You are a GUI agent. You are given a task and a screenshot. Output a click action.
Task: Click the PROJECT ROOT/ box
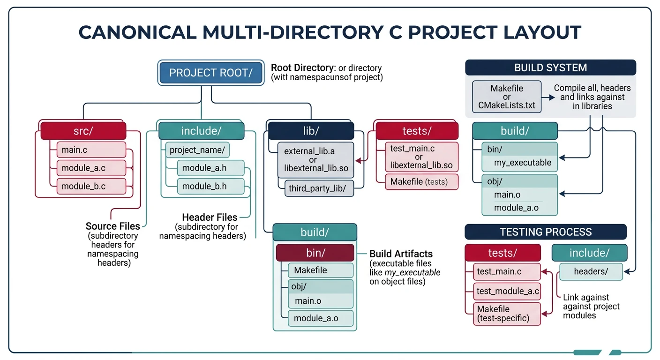[x=210, y=73]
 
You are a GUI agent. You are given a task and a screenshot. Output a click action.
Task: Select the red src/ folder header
[x=83, y=131]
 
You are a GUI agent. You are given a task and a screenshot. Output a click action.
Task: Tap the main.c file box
[x=91, y=150]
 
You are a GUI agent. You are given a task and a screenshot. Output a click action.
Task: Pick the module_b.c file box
[x=91, y=186]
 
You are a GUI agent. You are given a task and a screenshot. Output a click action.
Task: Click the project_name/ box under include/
[x=197, y=150]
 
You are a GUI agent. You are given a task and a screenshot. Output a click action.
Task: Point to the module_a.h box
[x=210, y=168]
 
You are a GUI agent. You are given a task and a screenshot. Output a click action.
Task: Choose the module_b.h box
[x=210, y=186]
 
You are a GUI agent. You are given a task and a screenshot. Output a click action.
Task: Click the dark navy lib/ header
[x=310, y=131]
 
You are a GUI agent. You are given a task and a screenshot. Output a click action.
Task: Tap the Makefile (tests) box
[x=421, y=181]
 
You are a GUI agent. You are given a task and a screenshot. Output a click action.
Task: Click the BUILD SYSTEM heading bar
[x=550, y=67]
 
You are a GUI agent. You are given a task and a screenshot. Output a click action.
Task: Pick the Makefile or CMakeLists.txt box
[x=507, y=97]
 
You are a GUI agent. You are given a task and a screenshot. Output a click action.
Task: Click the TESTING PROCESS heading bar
[x=546, y=232]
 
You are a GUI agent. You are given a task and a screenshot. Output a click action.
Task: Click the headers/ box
[x=591, y=271]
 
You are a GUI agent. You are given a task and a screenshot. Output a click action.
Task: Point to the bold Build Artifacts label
[x=401, y=254]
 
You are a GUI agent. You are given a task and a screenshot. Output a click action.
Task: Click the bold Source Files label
[x=112, y=226]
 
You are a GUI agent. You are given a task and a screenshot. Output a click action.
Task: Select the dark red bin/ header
[x=315, y=253]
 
